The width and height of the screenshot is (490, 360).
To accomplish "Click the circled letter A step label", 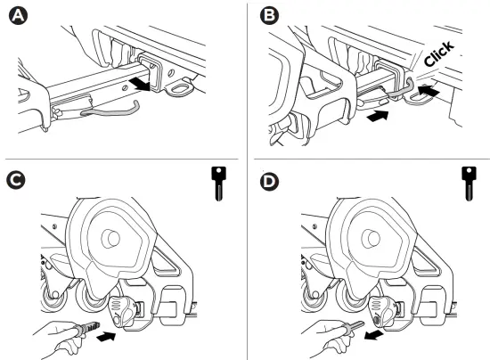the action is coord(19,16).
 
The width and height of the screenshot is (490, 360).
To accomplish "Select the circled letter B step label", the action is coord(269,15).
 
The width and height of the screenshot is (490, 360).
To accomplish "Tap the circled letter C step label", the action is coord(16,180).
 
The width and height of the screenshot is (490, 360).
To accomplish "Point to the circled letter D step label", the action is coord(269,182).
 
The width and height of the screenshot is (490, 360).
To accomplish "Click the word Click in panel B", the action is coord(438,53).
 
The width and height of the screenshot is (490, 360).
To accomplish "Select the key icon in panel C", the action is coord(219,184).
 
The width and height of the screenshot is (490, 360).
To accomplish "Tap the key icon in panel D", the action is coord(469,184).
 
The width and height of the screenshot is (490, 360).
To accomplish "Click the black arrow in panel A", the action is coord(140,85).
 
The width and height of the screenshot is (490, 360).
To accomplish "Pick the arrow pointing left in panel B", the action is coord(429,89).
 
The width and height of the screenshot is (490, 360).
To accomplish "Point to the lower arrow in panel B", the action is coord(378,116).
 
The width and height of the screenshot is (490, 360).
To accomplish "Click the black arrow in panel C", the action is coord(106,337).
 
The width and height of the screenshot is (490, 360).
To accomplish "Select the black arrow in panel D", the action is coord(374,336).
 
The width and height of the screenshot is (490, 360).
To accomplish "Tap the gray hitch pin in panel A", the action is coord(110,111).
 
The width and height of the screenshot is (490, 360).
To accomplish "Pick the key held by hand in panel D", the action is coord(353,326).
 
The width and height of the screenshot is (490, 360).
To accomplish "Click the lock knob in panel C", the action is coord(123,311).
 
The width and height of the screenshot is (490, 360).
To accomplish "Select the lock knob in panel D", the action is coord(383,311).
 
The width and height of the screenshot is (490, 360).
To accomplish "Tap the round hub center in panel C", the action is coord(110,239).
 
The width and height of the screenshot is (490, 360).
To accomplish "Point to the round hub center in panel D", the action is coord(371,239).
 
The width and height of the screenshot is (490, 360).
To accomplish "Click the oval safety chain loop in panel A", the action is coord(180,89).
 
